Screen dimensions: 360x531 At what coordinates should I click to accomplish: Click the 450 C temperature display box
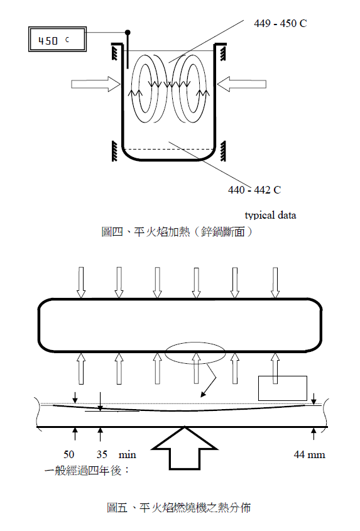coord(57,40)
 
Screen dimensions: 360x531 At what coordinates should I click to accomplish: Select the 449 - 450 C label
coord(280,23)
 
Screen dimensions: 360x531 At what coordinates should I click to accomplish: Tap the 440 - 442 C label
coord(254,190)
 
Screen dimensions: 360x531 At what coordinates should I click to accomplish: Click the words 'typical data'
coord(270,216)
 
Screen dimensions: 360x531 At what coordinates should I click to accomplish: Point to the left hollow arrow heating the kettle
coord(95,84)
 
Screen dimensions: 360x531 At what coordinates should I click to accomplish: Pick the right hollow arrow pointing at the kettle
coord(241,84)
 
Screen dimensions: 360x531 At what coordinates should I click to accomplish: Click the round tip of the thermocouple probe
coord(128,33)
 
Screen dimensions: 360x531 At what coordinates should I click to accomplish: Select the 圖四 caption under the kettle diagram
coord(177,232)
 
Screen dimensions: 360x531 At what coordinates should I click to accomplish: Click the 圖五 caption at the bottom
coord(179,508)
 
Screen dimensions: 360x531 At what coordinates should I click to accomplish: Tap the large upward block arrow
coord(184,448)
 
